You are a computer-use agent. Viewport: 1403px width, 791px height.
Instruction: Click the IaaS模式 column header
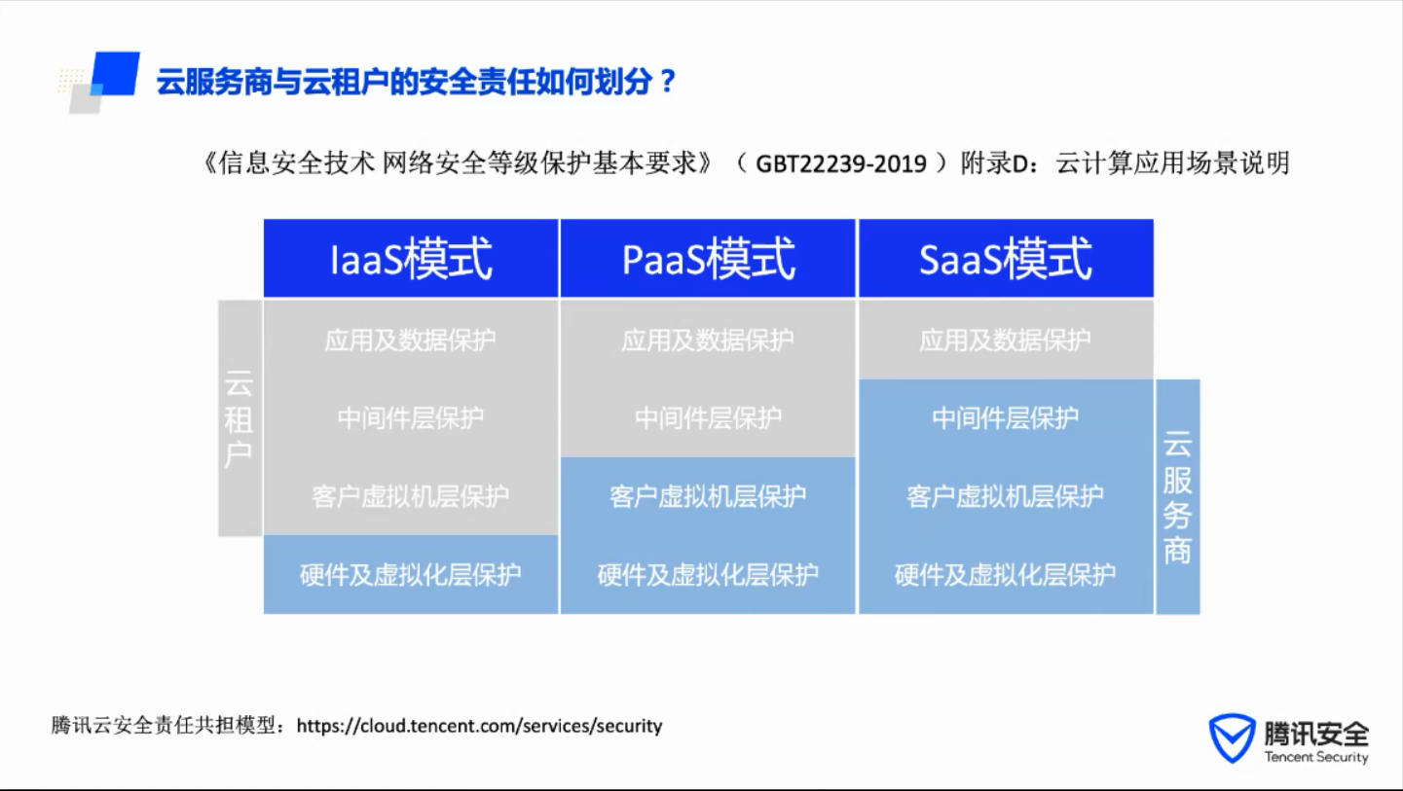[x=411, y=258]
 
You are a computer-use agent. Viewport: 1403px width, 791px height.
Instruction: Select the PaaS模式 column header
[x=708, y=258]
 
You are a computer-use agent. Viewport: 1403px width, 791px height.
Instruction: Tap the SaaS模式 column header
[x=1006, y=258]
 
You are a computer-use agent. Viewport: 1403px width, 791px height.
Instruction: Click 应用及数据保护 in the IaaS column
[x=410, y=341]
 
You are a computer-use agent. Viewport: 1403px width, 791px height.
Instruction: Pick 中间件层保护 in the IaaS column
[x=410, y=418]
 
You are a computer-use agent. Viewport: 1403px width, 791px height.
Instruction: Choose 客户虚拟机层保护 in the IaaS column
[x=410, y=496]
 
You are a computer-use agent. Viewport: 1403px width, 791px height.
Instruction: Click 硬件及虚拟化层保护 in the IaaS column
[x=410, y=574]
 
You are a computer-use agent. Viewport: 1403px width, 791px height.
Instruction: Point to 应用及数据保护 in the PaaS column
[x=708, y=341]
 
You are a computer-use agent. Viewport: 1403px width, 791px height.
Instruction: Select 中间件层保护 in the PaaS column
[x=708, y=418]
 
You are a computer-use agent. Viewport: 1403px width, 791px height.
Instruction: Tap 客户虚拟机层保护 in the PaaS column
[x=708, y=496]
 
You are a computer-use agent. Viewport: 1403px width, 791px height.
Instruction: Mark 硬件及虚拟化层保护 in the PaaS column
[x=708, y=574]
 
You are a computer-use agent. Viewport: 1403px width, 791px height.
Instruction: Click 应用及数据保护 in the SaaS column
[x=1006, y=341]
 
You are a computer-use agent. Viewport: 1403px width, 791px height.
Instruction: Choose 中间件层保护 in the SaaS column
[x=1006, y=418]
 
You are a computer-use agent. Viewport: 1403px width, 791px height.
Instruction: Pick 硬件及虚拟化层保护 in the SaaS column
[x=1006, y=574]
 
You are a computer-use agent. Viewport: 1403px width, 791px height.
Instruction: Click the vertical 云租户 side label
[x=240, y=418]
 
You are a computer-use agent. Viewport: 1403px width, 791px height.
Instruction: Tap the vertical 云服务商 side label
[x=1177, y=497]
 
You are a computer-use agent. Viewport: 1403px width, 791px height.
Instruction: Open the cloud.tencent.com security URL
[x=479, y=726]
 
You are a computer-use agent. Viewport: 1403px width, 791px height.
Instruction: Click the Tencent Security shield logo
[x=1232, y=737]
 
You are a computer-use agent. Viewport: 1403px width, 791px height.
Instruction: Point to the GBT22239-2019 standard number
[x=840, y=164]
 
